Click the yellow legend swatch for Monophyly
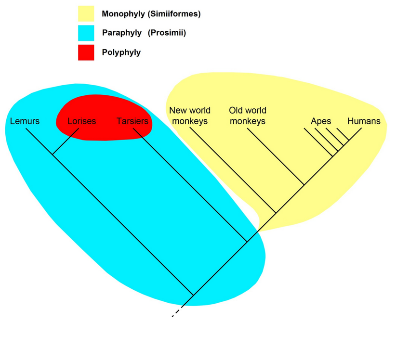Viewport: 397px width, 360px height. tap(86, 13)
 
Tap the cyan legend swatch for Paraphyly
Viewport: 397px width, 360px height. tap(86, 33)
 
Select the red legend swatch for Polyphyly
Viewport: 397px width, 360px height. tap(86, 52)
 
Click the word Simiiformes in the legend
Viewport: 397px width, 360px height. tap(174, 13)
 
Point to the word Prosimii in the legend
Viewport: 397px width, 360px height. tap(167, 33)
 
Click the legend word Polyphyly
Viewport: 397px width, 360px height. tap(121, 52)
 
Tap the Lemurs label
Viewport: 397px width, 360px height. tap(25, 121)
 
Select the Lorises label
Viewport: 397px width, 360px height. tap(82, 121)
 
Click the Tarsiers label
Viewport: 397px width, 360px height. tap(132, 121)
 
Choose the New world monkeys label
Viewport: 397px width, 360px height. tap(190, 116)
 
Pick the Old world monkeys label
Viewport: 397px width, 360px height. tap(248, 116)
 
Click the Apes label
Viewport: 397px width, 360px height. tap(321, 121)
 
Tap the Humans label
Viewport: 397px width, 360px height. tap(364, 121)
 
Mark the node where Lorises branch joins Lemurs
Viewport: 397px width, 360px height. tap(53, 154)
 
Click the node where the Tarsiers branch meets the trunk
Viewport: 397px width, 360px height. tap(247, 242)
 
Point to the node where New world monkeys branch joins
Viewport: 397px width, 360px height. tap(276, 213)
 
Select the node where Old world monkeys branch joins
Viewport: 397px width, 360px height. tap(304, 185)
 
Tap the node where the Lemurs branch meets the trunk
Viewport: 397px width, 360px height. tap(193, 295)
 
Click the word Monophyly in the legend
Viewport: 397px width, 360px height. tap(123, 13)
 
